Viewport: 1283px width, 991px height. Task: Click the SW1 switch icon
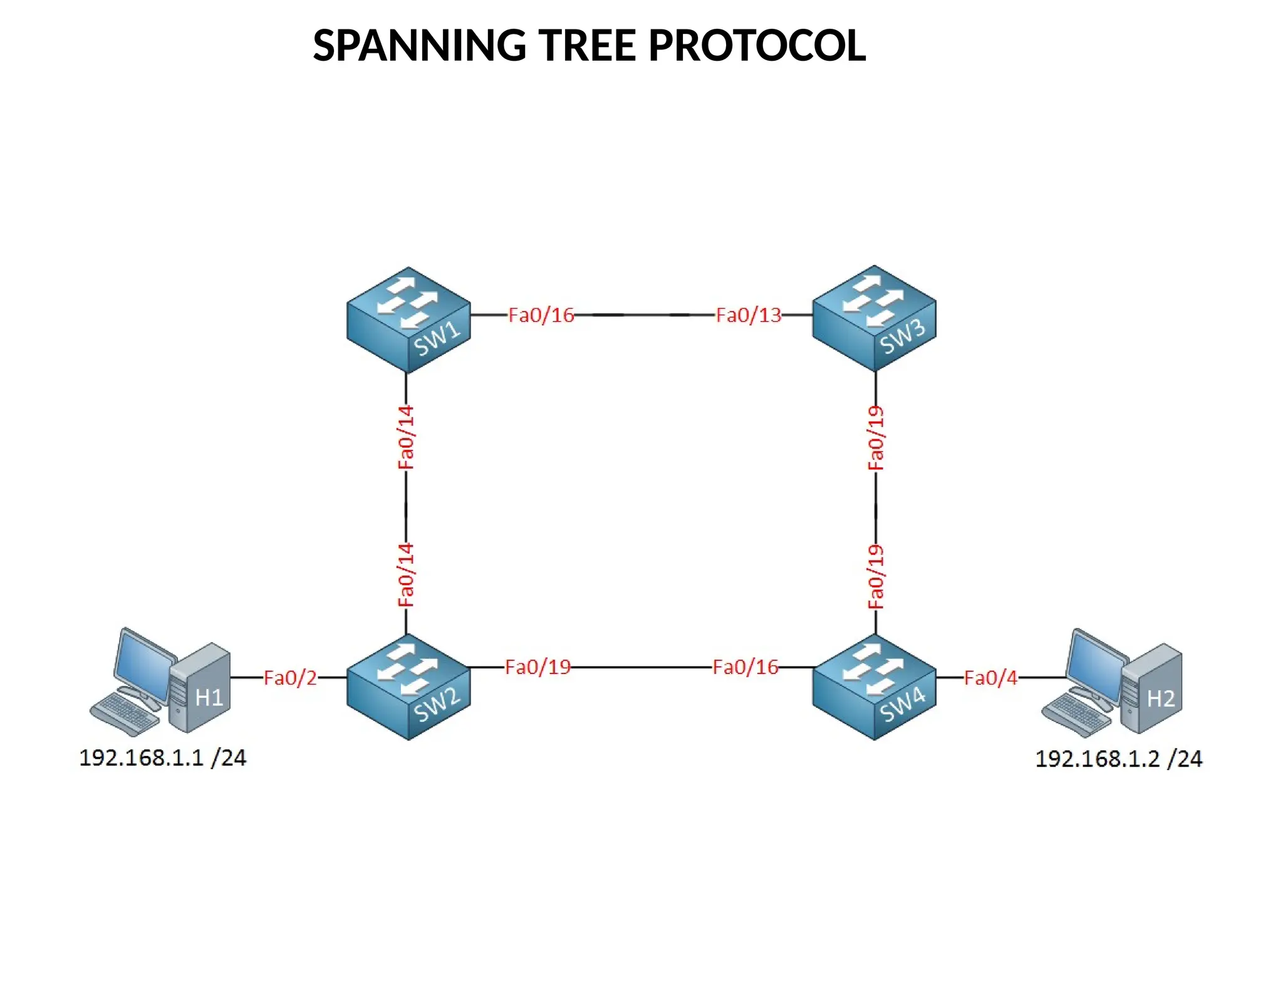coord(408,320)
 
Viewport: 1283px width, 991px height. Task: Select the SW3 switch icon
coord(874,318)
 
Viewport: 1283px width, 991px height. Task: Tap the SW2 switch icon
coord(408,687)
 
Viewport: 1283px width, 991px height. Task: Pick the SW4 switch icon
coord(874,687)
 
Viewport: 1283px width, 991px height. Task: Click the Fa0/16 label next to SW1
coord(541,315)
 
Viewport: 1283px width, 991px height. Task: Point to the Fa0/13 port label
coord(749,315)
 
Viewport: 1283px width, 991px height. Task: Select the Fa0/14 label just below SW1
coord(406,437)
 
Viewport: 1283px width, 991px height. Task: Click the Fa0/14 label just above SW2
coord(406,575)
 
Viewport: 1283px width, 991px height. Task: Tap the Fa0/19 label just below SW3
coord(876,437)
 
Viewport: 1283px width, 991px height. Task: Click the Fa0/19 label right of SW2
coord(538,667)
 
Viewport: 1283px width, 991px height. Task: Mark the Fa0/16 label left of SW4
coord(745,667)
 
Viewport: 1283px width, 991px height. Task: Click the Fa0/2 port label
coord(290,678)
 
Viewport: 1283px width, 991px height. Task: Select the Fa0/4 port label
coord(990,678)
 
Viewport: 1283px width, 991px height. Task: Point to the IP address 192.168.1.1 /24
coord(163,758)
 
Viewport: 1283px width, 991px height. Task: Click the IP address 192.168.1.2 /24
coord(1118,759)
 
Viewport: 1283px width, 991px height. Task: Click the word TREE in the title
coord(588,46)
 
